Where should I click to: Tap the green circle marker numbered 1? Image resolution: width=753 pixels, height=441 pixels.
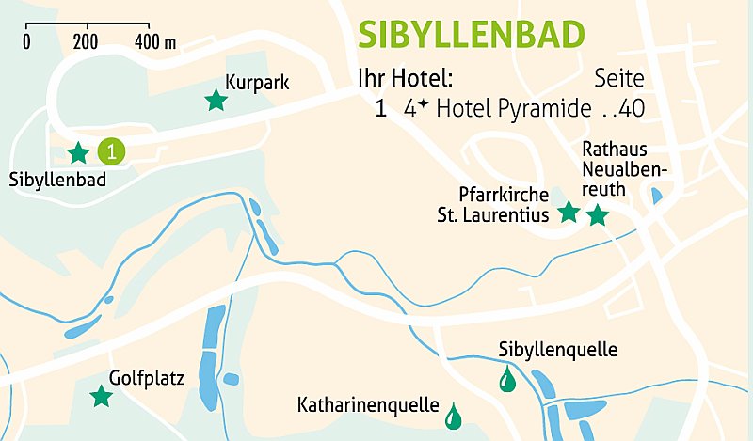click(111, 150)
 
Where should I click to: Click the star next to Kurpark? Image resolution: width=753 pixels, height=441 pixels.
click(216, 100)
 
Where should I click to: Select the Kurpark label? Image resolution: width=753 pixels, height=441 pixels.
click(256, 83)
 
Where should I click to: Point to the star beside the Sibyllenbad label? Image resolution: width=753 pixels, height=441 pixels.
click(79, 151)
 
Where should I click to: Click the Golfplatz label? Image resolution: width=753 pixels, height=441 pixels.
click(146, 379)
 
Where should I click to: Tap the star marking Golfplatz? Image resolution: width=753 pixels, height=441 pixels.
click(101, 397)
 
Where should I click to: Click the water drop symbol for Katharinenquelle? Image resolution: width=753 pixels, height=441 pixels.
click(453, 413)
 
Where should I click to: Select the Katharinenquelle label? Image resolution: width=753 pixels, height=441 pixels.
click(368, 406)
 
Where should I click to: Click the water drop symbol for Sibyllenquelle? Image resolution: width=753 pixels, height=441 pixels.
click(507, 380)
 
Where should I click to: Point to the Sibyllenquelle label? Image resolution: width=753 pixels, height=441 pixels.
click(557, 351)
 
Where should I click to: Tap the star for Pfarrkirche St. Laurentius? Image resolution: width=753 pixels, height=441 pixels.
click(569, 213)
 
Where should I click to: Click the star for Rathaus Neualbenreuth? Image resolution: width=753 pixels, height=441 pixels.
click(598, 216)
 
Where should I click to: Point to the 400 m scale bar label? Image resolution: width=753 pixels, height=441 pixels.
click(155, 41)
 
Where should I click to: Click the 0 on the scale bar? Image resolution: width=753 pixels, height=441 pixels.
click(26, 41)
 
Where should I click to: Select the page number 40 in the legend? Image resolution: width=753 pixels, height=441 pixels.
click(633, 108)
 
